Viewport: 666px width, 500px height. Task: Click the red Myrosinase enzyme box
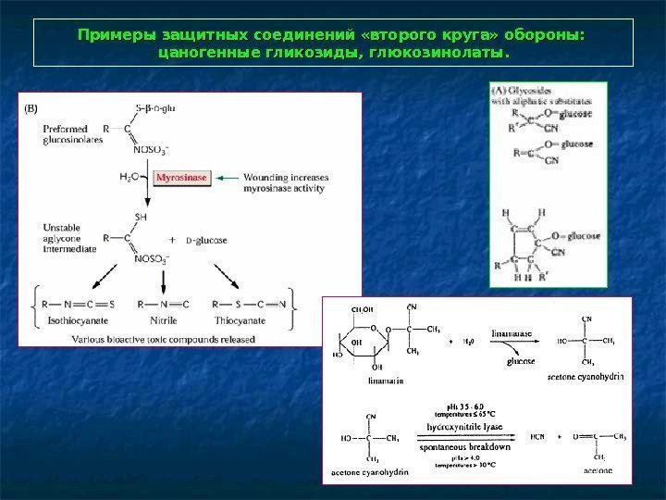coord(182,176)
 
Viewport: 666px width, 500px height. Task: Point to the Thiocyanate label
coord(239,320)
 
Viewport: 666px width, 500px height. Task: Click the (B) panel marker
coord(31,108)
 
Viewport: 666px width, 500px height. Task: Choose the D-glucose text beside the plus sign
coord(206,241)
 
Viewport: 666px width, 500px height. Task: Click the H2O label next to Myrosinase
coord(130,176)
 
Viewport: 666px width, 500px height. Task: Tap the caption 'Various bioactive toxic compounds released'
coord(164,339)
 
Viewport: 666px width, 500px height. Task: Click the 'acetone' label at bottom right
coord(597,471)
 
